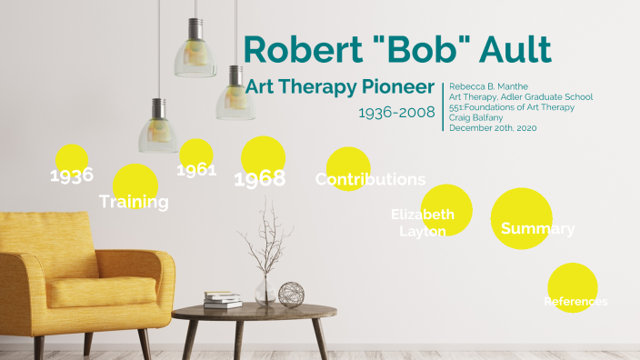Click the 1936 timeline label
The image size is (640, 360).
click(x=72, y=175)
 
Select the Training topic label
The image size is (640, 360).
click(x=134, y=201)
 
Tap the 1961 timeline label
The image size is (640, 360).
click(x=196, y=169)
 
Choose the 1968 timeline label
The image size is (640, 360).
click(x=260, y=178)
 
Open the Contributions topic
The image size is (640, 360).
click(x=370, y=179)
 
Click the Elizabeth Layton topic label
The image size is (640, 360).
click(x=423, y=223)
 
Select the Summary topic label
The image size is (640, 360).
click(x=537, y=228)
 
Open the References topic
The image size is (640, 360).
click(x=575, y=301)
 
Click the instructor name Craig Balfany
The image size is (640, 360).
click(x=476, y=116)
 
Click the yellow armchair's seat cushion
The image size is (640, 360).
click(x=91, y=290)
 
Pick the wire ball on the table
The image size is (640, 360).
click(x=291, y=294)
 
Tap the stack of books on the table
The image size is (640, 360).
click(x=223, y=300)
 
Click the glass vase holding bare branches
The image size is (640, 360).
click(x=265, y=288)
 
